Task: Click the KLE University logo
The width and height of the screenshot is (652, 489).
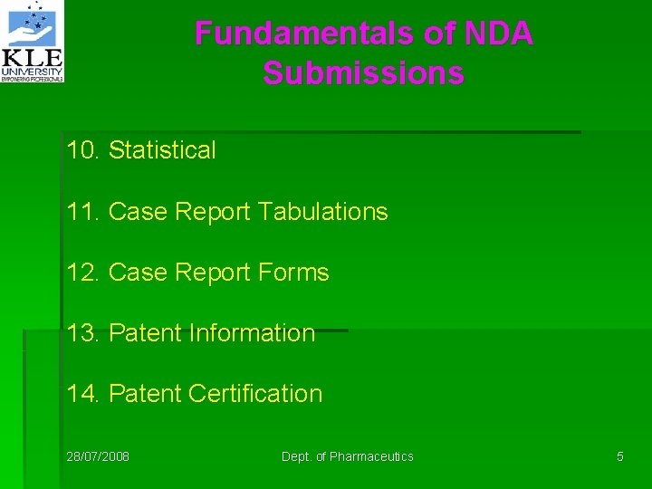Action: point(33,42)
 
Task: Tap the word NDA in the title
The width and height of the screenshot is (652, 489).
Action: point(498,34)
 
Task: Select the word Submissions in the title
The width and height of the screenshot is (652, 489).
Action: point(363,73)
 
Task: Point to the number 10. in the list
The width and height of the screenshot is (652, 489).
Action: point(84,150)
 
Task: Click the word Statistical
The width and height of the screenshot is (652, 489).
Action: point(162,150)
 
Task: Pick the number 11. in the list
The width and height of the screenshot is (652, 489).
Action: point(84,212)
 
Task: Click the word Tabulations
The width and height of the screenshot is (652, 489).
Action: point(322,212)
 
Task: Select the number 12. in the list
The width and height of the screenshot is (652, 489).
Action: point(84,273)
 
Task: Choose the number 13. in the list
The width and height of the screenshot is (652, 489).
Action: point(84,333)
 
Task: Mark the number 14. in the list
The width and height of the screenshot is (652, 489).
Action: point(84,394)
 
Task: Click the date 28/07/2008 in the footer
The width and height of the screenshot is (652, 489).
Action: point(98,456)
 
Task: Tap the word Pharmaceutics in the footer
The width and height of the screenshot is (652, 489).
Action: point(371,456)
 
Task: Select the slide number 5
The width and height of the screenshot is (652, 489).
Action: point(620,456)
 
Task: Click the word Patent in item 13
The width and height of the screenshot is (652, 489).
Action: point(145,333)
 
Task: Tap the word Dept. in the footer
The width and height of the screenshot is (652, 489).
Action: point(296,456)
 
